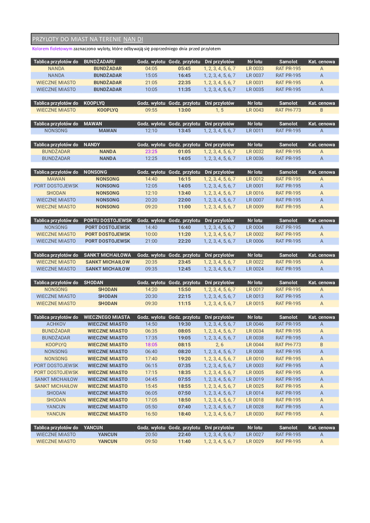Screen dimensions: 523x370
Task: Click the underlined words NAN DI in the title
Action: (x=133, y=39)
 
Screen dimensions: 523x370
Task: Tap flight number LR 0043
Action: (x=254, y=110)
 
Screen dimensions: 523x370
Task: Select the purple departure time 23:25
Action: (x=151, y=152)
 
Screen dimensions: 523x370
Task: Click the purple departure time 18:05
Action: (x=151, y=345)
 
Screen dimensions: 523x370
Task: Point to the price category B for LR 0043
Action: (x=321, y=110)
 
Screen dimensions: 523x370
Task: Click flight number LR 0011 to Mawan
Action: (x=254, y=131)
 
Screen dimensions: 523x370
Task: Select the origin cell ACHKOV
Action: (x=56, y=324)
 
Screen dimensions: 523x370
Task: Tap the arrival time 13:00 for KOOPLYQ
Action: (x=184, y=110)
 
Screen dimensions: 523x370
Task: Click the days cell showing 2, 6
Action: (x=219, y=345)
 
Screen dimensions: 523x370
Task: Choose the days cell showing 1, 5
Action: (x=219, y=110)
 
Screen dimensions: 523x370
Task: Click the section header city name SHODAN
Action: (x=94, y=283)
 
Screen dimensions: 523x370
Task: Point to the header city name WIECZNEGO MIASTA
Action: (x=107, y=317)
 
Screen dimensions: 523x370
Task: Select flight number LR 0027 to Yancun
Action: (x=254, y=434)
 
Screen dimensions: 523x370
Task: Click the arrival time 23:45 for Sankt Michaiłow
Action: (x=184, y=262)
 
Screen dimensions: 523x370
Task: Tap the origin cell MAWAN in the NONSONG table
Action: (x=56, y=179)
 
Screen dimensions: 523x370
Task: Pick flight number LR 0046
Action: (x=254, y=324)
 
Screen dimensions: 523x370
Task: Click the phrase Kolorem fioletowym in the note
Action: (x=52, y=49)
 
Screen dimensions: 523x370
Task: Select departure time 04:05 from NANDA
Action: (x=151, y=69)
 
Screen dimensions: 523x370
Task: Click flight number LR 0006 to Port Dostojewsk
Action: (x=254, y=241)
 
